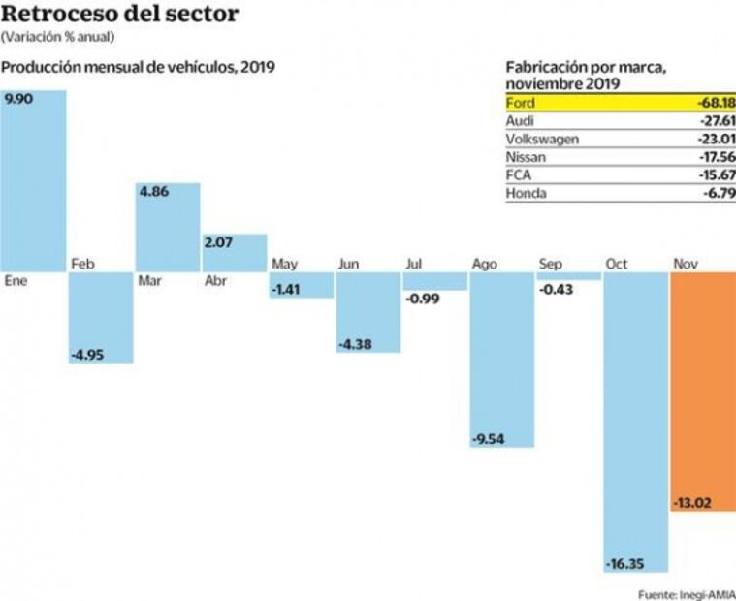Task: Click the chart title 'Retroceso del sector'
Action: pyautogui.click(x=120, y=16)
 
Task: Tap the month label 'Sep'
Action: pyautogui.click(x=549, y=263)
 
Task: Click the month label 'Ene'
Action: pyautogui.click(x=15, y=281)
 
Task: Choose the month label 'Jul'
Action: pyautogui.click(x=415, y=263)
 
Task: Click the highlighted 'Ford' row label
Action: pyautogui.click(x=521, y=103)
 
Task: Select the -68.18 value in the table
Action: pyautogui.click(x=716, y=103)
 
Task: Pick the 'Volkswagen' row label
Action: pyautogui.click(x=543, y=139)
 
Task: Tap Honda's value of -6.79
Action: pyautogui.click(x=719, y=193)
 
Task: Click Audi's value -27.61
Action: pyautogui.click(x=717, y=121)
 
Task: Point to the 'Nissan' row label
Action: pyautogui.click(x=527, y=157)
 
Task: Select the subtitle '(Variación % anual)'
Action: pyautogui.click(x=57, y=37)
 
